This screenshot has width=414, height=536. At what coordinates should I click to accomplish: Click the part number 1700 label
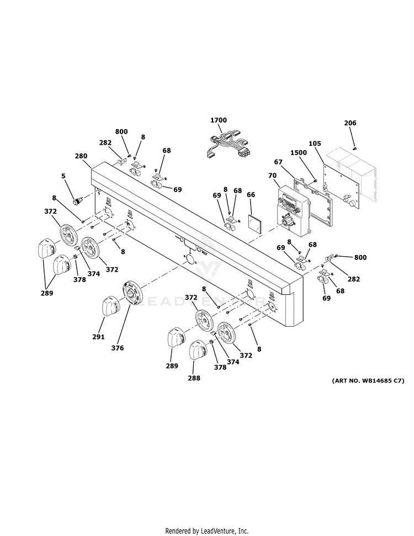[219, 120]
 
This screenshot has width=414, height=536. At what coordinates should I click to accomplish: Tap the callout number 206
[350, 123]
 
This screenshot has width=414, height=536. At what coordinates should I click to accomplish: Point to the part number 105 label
[315, 144]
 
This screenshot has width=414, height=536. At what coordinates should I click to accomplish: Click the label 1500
[299, 152]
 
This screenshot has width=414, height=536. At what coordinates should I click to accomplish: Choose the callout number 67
[278, 162]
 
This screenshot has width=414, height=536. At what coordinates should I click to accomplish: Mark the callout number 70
[272, 176]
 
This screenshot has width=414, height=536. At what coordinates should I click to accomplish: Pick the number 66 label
[251, 194]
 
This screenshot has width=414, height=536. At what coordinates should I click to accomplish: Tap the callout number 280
[81, 156]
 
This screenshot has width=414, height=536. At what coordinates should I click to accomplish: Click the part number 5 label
[63, 176]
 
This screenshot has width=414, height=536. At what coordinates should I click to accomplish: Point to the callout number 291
[98, 336]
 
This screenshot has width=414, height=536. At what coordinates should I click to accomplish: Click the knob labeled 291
[109, 306]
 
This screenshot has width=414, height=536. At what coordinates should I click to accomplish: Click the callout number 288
[194, 378]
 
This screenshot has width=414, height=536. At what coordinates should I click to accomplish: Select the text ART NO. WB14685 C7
[368, 381]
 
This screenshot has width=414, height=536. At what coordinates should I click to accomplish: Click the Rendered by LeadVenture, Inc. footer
[206, 530]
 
